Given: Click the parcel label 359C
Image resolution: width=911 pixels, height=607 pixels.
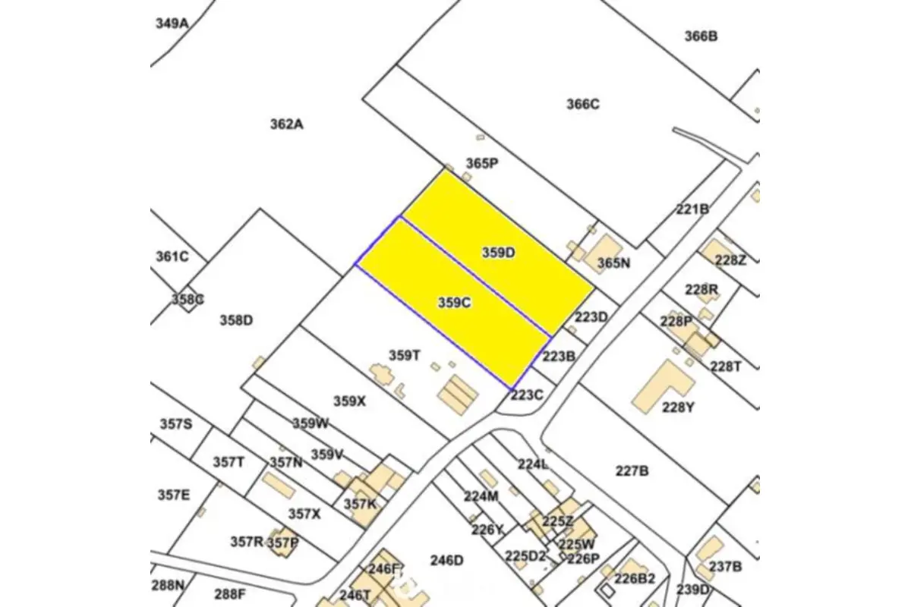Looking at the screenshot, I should coord(455,303).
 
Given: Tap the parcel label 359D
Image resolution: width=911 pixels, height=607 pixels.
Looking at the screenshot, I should coord(499,253).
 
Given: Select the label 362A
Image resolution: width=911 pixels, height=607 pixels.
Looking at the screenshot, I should coord(286,124).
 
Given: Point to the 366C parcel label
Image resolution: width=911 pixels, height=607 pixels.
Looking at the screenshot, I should coord(583,104).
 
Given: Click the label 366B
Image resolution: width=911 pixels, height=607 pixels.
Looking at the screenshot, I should coord(701,36).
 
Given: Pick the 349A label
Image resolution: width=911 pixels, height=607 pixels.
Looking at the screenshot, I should coord(172,23).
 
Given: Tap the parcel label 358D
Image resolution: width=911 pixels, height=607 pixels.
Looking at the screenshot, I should coord(236,320).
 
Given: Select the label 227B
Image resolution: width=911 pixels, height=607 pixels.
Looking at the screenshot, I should coord(632,470).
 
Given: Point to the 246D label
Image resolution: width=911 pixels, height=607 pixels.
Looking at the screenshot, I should coord(446,561).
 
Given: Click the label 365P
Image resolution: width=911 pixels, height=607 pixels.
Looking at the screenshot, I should coord(482,163).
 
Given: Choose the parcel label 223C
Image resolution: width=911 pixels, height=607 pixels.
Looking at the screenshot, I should coord(527,395).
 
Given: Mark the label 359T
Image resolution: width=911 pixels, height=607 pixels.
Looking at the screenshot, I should coord(405,355).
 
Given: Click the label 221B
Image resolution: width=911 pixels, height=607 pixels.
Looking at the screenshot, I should coord(692,209).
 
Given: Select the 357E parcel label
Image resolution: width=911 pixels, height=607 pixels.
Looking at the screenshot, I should coord(174,495).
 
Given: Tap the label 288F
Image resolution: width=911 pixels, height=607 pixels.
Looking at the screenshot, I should coord(230,593).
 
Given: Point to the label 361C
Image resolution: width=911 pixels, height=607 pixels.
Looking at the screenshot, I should coord(172,256).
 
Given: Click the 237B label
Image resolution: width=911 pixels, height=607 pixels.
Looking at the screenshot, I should coord(725,567).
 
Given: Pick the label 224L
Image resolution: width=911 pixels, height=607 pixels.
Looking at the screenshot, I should coord(533,464).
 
